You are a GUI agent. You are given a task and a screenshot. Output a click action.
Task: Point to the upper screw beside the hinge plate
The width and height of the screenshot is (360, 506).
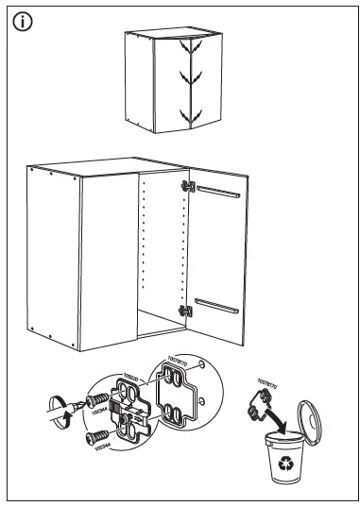[97, 402]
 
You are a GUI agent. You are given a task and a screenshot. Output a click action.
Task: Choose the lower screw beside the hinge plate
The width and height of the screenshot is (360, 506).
[96, 436]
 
